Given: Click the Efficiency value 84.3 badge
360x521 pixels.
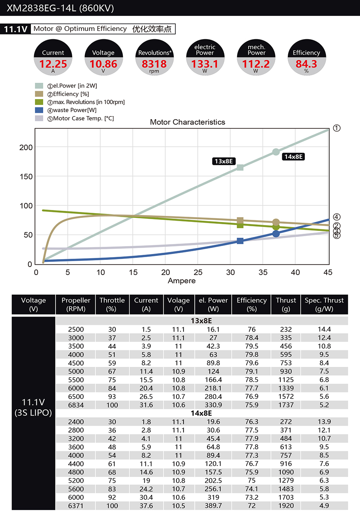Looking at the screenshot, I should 306,63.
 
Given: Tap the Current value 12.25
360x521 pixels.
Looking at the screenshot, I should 53,63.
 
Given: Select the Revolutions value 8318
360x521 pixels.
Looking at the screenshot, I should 154,63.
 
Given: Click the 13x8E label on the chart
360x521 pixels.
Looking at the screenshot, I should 224,161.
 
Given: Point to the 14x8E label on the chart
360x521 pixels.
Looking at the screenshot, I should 293,156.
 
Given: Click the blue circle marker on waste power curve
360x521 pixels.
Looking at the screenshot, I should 276,234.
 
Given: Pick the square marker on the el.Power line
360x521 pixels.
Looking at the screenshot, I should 240,168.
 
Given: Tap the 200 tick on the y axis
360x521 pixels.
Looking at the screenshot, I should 26,147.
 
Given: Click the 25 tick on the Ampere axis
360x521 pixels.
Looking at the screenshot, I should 198,272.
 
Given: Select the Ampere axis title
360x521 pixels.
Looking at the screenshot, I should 182,281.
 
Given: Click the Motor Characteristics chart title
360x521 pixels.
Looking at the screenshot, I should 187,122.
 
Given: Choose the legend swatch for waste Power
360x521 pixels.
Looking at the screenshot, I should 39,110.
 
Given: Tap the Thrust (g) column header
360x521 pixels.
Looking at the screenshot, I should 286,304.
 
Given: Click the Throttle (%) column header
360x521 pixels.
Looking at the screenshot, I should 112,304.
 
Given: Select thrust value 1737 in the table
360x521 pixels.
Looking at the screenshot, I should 286,405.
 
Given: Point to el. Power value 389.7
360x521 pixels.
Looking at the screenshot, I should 213,506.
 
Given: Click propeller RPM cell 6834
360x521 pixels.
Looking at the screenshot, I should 76,405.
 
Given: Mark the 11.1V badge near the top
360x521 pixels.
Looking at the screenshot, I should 15,29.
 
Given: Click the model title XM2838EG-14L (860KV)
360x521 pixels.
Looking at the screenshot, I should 60,8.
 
